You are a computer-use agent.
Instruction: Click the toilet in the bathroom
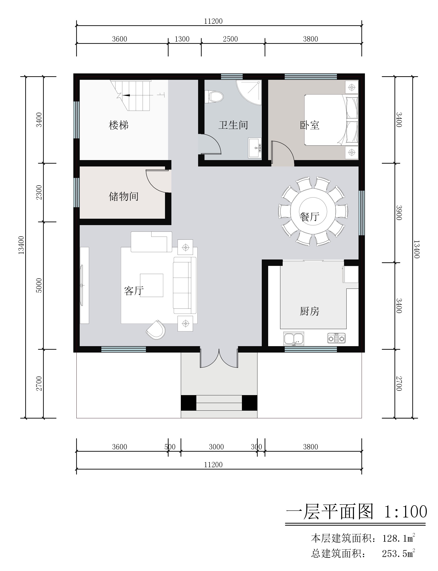point(214,97)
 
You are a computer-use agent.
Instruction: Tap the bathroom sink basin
point(255,148)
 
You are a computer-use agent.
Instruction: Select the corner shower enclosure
point(249,92)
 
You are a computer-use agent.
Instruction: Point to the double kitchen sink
point(294,339)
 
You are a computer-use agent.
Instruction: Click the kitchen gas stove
point(337,338)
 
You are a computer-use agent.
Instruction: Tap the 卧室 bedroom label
point(309,125)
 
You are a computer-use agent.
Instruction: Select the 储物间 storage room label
point(124,196)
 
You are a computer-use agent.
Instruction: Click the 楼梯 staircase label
point(119,125)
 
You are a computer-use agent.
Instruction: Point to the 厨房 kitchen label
point(309,311)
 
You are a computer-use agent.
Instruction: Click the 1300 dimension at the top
point(182,39)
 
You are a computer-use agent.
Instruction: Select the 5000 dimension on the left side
point(39,285)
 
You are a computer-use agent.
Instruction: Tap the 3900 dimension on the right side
point(399,213)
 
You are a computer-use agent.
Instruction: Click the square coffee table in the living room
point(152,285)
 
